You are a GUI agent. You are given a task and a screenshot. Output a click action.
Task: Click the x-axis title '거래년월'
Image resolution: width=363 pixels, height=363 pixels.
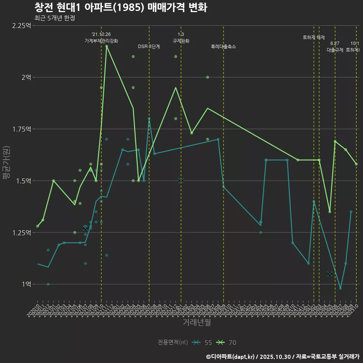pos(197,322)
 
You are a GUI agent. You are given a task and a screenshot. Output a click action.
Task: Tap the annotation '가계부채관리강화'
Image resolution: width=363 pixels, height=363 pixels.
pos(101,41)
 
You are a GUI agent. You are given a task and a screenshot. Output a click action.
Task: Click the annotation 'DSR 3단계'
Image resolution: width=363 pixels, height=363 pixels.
pos(149,47)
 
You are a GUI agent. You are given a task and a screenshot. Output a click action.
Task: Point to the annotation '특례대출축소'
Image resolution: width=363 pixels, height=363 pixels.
pos(223,47)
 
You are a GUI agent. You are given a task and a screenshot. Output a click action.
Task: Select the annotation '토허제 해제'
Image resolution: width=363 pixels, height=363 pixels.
pos(314,37)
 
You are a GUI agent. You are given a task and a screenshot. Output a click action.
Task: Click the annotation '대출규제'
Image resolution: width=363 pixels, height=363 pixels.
pos(335,50)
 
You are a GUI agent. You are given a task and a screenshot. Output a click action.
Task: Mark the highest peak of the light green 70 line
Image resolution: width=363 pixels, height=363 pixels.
pos(107,46)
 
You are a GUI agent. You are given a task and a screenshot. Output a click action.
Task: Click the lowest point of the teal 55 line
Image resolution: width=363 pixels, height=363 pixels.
pos(340,288)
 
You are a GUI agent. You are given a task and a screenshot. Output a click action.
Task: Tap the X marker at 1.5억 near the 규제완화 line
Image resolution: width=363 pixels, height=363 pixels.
pos(181,181)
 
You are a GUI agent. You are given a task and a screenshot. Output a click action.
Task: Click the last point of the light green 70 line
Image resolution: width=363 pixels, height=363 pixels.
pos(356,164)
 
